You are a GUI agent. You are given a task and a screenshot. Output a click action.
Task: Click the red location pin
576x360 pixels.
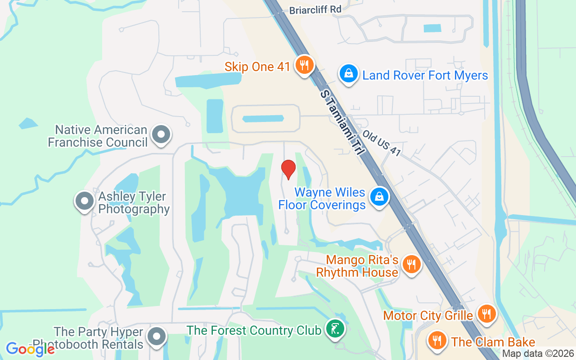pyautogui.click(x=288, y=170)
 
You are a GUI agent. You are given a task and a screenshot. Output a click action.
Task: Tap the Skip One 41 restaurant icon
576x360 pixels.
pyautogui.click(x=305, y=65)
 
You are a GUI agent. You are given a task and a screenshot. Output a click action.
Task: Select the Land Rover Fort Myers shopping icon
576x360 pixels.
pyautogui.click(x=348, y=73)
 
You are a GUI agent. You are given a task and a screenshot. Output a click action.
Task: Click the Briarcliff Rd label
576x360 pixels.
pyautogui.click(x=315, y=9)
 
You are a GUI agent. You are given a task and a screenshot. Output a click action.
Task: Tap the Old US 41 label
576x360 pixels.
pyautogui.click(x=382, y=143)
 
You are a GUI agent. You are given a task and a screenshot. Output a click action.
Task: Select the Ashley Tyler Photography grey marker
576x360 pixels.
pyautogui.click(x=84, y=201)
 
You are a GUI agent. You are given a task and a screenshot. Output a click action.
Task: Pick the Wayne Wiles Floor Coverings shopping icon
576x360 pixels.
pyautogui.click(x=379, y=197)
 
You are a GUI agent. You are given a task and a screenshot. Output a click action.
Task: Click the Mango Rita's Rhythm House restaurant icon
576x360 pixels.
pyautogui.click(x=411, y=265)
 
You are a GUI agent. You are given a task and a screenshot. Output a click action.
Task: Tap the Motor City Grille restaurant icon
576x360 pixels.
pyautogui.click(x=486, y=314)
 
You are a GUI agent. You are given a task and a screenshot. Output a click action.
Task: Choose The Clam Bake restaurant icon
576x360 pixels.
pyautogui.click(x=436, y=341)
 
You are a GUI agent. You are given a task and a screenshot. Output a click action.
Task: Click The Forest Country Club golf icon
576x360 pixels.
pyautogui.click(x=334, y=330)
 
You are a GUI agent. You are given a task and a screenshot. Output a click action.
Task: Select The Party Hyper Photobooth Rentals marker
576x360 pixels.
pyautogui.click(x=157, y=336)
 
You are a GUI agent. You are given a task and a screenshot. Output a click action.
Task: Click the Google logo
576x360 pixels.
pyautogui.click(x=30, y=349)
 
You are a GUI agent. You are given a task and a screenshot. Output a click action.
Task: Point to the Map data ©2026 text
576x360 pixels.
pyautogui.click(x=538, y=354)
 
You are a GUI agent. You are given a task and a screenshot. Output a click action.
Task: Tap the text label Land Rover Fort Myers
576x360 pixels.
pyautogui.click(x=425, y=75)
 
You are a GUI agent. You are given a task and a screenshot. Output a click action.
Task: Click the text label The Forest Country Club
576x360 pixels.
pyautogui.click(x=254, y=330)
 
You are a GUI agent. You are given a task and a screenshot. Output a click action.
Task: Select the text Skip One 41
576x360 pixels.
pyautogui.click(x=257, y=67)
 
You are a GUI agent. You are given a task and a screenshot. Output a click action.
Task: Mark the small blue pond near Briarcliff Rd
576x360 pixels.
pyautogui.click(x=433, y=28)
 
